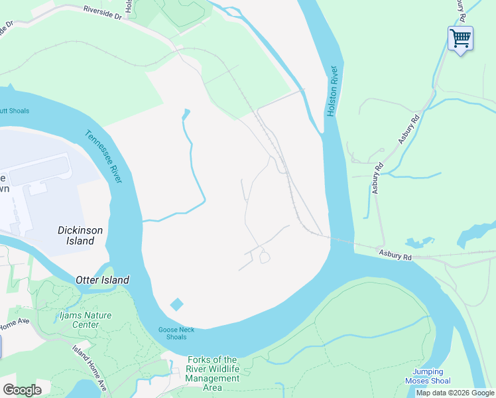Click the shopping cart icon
tap(460, 38)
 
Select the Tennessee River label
tap(103, 157)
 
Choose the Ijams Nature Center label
tap(84, 320)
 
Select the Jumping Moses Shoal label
tap(428, 376)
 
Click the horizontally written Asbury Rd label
tap(395, 253)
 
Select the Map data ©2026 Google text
tap(455, 393)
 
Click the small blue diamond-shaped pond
tap(176, 304)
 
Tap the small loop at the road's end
tap(265, 257)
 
